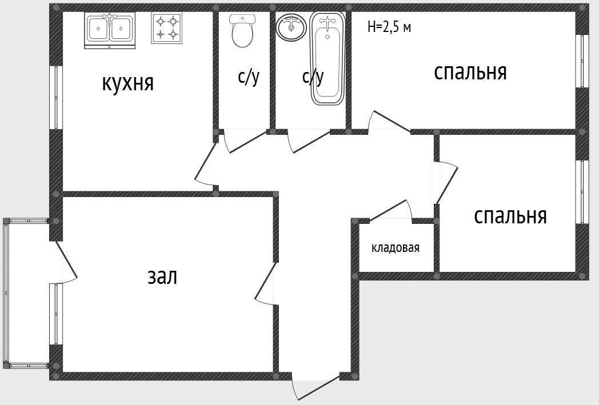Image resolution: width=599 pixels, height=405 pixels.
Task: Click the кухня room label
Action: [x=127, y=83]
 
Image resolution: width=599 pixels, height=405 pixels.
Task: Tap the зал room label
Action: [x=162, y=276]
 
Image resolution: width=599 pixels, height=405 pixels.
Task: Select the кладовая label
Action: [x=396, y=248]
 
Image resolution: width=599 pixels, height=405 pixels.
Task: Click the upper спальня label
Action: [x=470, y=73]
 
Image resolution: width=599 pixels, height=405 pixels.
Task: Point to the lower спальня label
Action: [x=510, y=216]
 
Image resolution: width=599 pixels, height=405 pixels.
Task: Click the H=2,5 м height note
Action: [x=389, y=27]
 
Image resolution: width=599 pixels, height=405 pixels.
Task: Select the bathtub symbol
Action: [x=327, y=59]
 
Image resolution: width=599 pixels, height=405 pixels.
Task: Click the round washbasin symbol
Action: [x=292, y=27]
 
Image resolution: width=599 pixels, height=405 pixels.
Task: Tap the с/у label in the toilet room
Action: [x=249, y=77]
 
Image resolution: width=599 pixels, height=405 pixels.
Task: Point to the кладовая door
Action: [x=390, y=211]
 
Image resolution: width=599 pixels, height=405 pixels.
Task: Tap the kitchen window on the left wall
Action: [x=55, y=98]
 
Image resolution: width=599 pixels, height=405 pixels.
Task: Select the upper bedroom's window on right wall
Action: [x=581, y=61]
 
